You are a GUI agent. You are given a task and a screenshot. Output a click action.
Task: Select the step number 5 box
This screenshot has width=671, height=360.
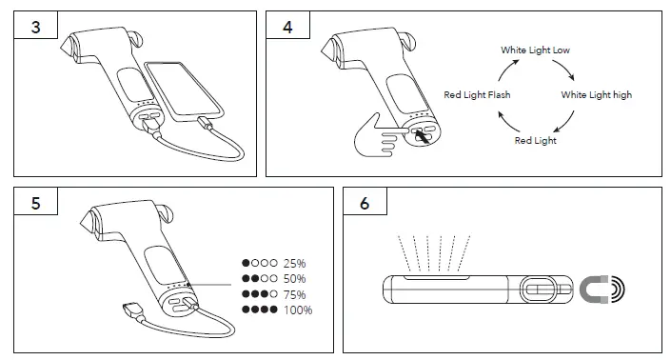(35, 204)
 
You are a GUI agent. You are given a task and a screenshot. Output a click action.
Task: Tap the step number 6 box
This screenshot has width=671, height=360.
(365, 204)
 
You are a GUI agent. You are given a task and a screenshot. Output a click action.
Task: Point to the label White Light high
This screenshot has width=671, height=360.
(596, 95)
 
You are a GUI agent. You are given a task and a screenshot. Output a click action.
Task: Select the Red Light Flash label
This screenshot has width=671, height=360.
(478, 95)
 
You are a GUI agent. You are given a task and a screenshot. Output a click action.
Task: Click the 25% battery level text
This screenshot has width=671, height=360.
(295, 263)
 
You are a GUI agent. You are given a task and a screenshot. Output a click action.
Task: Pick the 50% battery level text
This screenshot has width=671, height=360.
(295, 278)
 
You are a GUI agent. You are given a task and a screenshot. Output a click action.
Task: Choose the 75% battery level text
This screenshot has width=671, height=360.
(295, 294)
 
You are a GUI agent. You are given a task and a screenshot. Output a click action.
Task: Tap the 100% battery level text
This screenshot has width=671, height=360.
(297, 310)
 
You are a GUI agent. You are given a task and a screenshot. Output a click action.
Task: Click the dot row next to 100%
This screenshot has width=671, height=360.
(260, 310)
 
